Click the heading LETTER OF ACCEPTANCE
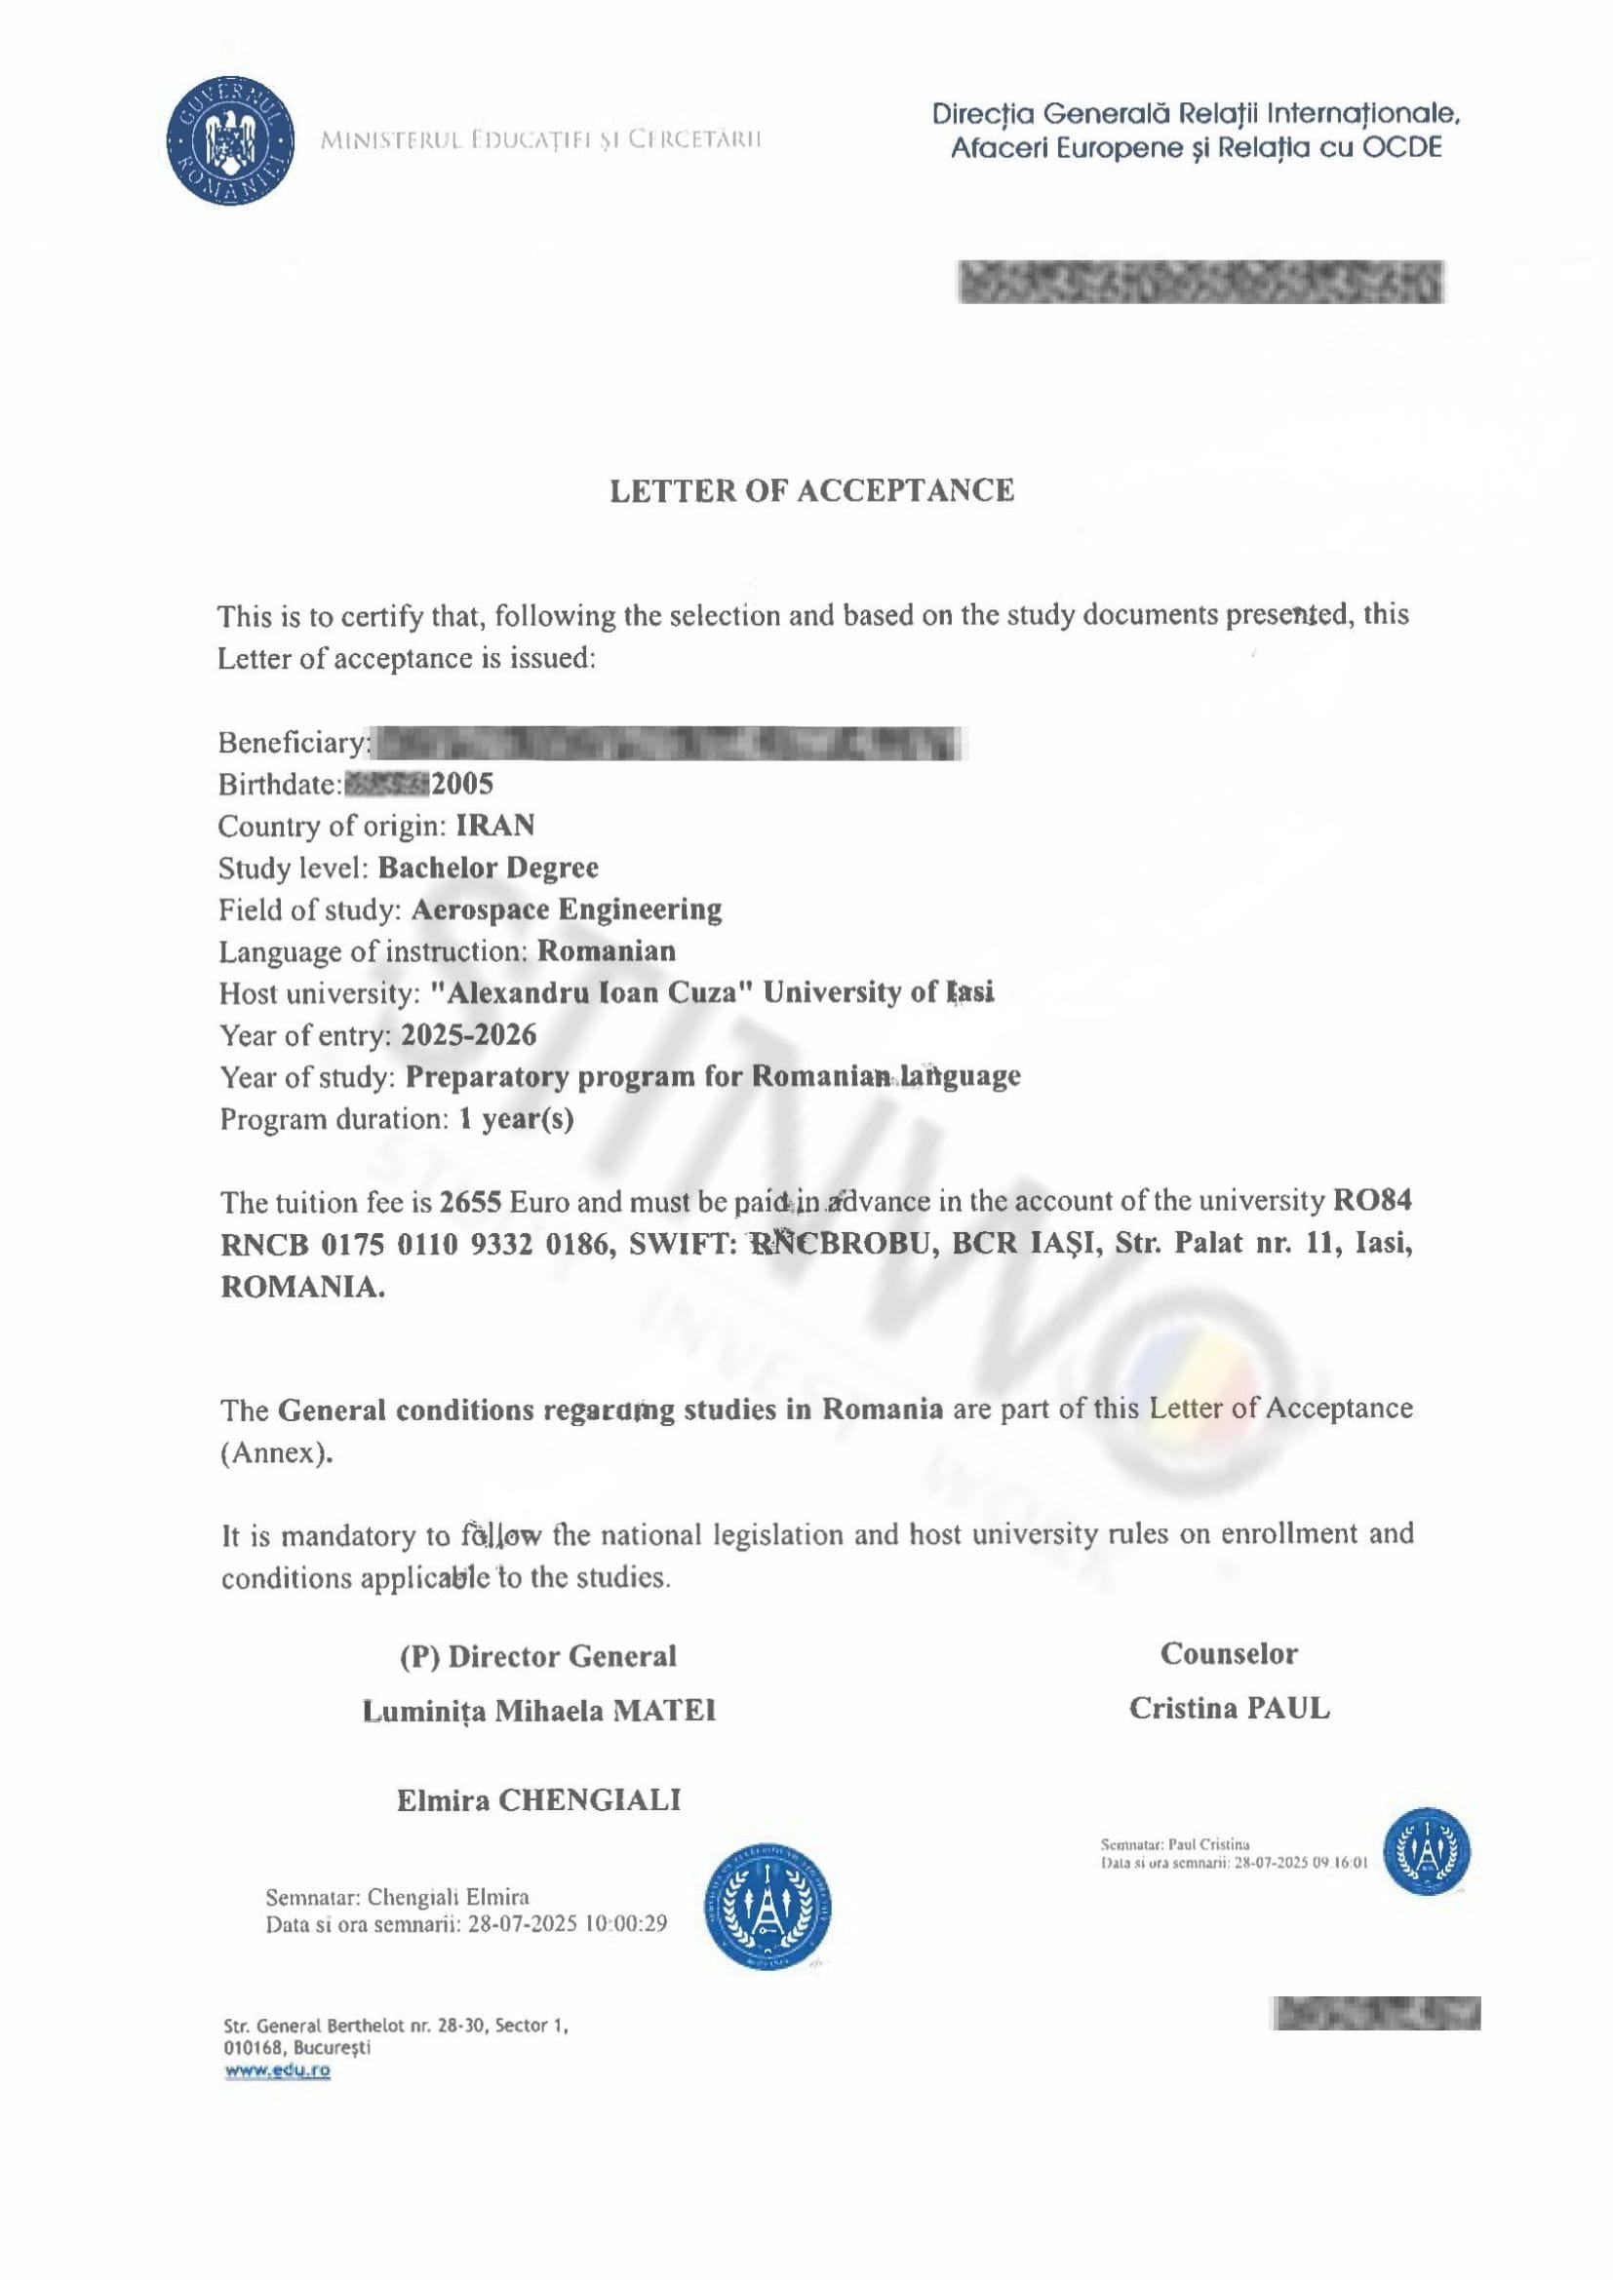click(811, 490)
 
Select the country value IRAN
click(494, 826)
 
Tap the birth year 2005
click(462, 785)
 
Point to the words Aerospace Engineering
click(567, 909)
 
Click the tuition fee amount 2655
click(472, 1203)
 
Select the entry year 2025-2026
click(468, 1036)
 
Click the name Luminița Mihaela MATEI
click(538, 1711)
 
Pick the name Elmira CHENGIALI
click(538, 1800)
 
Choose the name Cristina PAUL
click(1229, 1709)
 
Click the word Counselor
click(1229, 1654)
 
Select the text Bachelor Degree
click(488, 868)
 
